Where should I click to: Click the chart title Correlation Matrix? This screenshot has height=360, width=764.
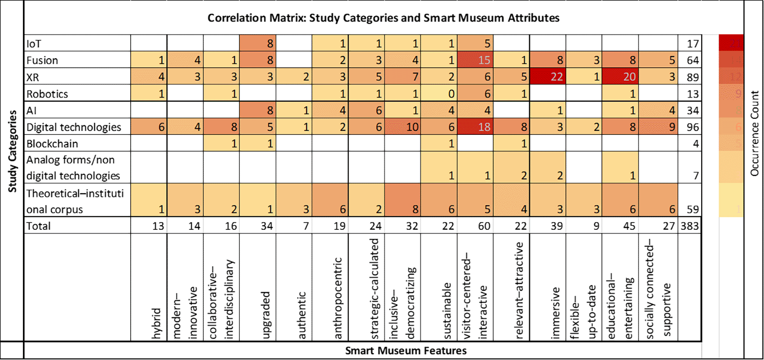click(383, 18)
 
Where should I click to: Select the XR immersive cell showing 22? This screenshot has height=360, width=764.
click(548, 77)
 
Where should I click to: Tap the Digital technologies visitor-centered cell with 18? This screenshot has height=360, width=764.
click(475, 127)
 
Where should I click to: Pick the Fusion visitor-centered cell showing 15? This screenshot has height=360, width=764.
click(475, 60)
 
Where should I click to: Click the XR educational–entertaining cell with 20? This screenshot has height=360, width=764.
click(620, 77)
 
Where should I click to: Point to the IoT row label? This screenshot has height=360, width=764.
click(34, 44)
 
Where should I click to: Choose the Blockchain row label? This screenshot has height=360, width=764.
click(52, 144)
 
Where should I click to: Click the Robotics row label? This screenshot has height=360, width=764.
click(47, 94)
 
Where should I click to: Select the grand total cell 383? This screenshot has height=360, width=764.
click(690, 226)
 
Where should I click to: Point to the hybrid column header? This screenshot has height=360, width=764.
click(156, 323)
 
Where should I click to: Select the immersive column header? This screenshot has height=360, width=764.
click(555, 313)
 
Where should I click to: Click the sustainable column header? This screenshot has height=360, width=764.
click(447, 311)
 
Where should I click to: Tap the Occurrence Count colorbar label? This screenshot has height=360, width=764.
click(754, 133)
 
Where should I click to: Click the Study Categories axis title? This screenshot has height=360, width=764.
click(12, 151)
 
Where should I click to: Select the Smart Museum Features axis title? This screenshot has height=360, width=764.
click(406, 351)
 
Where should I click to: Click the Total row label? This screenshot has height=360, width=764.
click(39, 226)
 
